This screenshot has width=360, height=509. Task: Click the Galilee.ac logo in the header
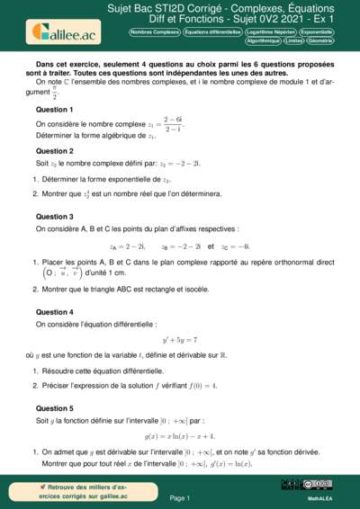[x=64, y=32]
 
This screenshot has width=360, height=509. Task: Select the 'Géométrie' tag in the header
[x=323, y=40]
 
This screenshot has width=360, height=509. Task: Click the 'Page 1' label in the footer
[x=179, y=497]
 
